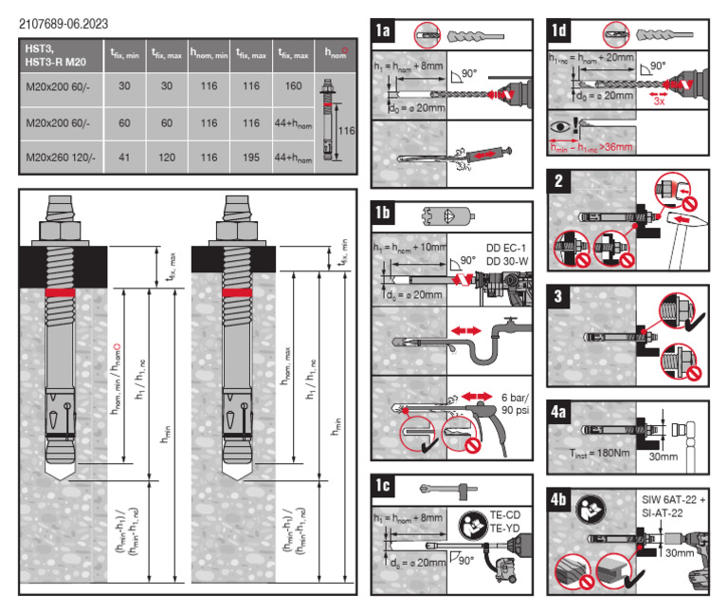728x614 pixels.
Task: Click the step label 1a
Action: tap(384, 31)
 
